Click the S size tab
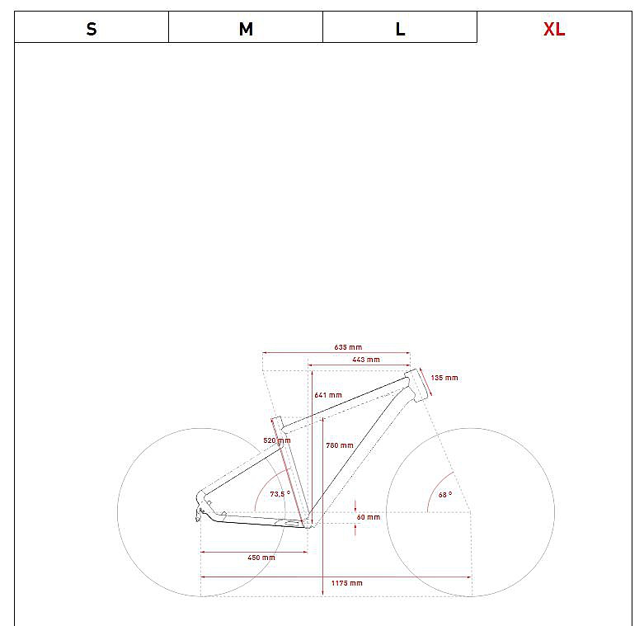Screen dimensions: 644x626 (x=92, y=27)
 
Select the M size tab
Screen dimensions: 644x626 (x=246, y=27)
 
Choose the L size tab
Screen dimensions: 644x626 (x=400, y=27)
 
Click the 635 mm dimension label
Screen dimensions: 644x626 (x=348, y=347)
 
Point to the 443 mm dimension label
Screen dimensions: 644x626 (x=366, y=360)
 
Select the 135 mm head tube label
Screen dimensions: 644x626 (x=444, y=378)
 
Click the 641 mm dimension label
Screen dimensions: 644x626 (x=328, y=395)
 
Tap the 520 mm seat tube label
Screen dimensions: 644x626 (x=277, y=440)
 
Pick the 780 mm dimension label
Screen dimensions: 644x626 (x=340, y=445)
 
